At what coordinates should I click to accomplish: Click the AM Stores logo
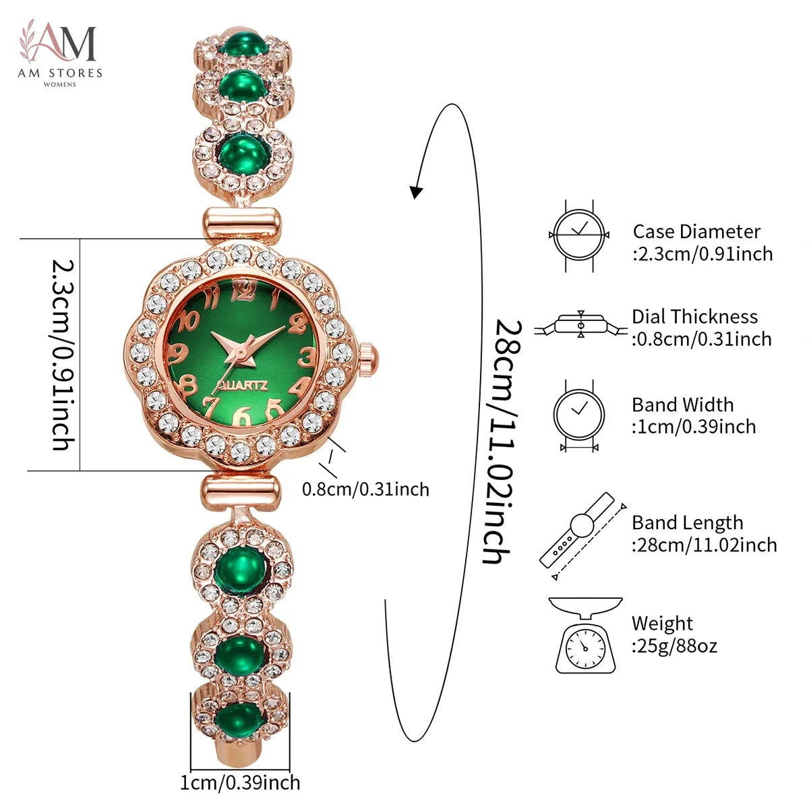click(x=59, y=53)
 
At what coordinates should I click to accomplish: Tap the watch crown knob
click(x=368, y=359)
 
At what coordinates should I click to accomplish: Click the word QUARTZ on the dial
click(x=243, y=386)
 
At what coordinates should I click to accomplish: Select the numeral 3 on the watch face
click(x=307, y=357)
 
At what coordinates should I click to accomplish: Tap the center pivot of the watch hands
click(x=241, y=351)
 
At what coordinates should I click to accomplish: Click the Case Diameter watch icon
click(x=579, y=235)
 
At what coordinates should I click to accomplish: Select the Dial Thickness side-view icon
click(x=581, y=324)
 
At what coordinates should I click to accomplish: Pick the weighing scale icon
click(x=585, y=635)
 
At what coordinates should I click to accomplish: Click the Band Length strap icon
click(x=582, y=536)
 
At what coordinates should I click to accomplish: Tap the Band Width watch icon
click(x=579, y=415)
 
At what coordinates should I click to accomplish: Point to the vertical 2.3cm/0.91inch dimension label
click(x=63, y=355)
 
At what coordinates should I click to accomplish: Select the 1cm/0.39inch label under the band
click(x=240, y=783)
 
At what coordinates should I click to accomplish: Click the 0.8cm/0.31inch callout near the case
click(x=365, y=489)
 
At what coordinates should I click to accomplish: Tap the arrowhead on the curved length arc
click(x=416, y=191)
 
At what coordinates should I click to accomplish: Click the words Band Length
click(x=687, y=523)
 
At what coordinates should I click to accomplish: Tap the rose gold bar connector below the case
click(x=241, y=493)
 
